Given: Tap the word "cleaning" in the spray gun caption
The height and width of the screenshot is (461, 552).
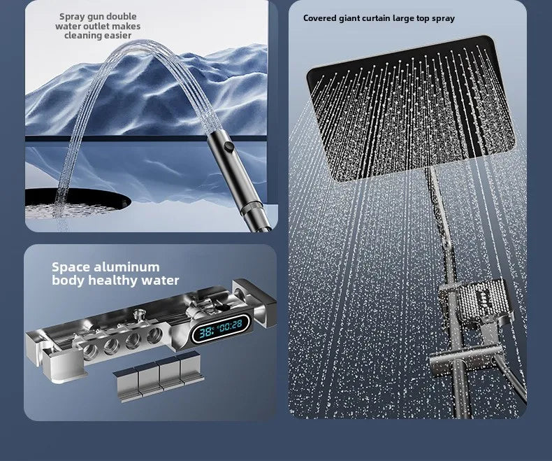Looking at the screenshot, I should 82,36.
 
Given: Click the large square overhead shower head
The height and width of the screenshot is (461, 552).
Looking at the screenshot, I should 405,105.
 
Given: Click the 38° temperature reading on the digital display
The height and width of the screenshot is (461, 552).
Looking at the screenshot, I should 206,333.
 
